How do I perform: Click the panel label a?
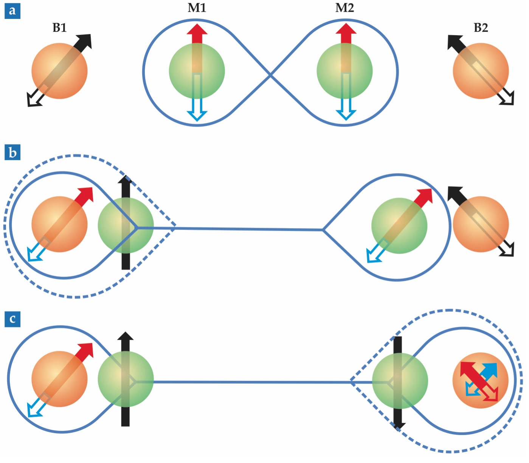pyautogui.click(x=12, y=11)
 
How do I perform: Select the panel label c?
pyautogui.click(x=12, y=319)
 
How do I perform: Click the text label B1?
pyautogui.click(x=59, y=28)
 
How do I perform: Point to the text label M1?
pyautogui.click(x=197, y=8)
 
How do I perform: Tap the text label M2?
pyautogui.click(x=344, y=8)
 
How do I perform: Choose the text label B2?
pyautogui.click(x=481, y=28)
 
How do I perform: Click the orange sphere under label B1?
pyautogui.click(x=59, y=71)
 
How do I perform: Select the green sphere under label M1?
pyautogui.click(x=197, y=71)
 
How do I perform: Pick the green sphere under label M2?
pyautogui.click(x=344, y=71)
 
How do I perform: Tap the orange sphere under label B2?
pyautogui.click(x=481, y=71)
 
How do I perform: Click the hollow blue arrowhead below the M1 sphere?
pyautogui.click(x=197, y=115)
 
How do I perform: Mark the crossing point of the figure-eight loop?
pyautogui.click(x=271, y=75)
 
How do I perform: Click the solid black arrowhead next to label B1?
pyautogui.click(x=85, y=41)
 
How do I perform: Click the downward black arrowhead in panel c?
pyautogui.click(x=398, y=425)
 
